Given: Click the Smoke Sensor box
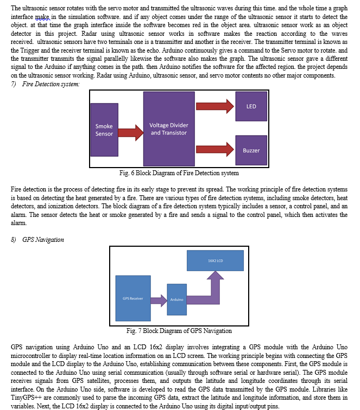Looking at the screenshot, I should pyautogui.click(x=104, y=130).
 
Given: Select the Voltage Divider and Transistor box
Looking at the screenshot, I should pyautogui.click(x=168, y=129).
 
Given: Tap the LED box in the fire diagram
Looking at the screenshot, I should pyautogui.click(x=251, y=106).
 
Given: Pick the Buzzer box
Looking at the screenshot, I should pyautogui.click(x=251, y=150).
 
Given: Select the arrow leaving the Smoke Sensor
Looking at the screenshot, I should pyautogui.click(x=130, y=131).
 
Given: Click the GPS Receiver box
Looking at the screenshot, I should pyautogui.click(x=132, y=299).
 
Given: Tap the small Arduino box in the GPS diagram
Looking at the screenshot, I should pyautogui.click(x=176, y=299).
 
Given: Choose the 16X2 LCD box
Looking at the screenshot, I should pyautogui.click(x=216, y=261).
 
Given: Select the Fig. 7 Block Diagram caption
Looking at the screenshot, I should pyautogui.click(x=179, y=331).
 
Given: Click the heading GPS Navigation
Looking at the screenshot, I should pyautogui.click(x=43, y=239).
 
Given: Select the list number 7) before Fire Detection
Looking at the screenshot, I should pyautogui.click(x=15, y=85).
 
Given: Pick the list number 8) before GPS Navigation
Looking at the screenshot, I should pyautogui.click(x=15, y=239).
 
